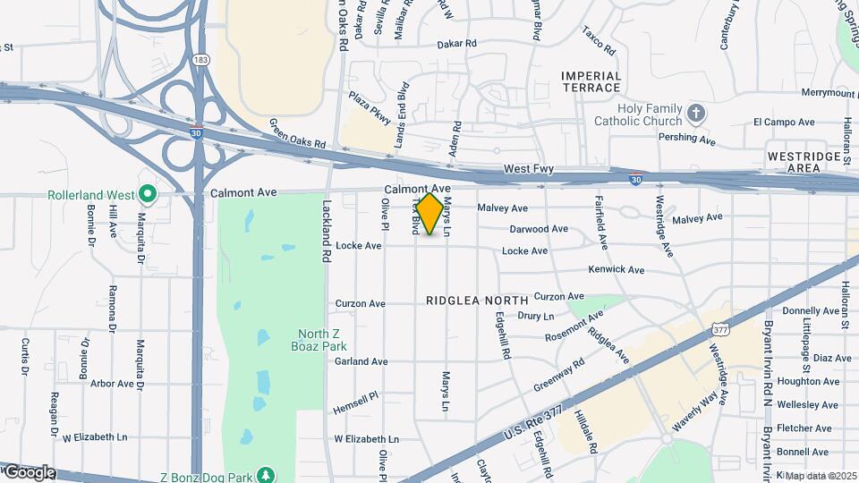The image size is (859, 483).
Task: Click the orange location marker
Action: [x=430, y=214]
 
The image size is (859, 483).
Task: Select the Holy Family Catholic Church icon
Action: [x=697, y=114]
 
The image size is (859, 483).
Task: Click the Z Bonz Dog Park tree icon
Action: [x=265, y=473]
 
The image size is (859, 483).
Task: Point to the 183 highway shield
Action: [x=201, y=59]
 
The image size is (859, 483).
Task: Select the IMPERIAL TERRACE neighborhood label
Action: [x=591, y=81]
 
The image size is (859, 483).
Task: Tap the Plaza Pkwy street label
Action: [x=370, y=106]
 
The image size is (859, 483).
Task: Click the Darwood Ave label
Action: [x=539, y=229]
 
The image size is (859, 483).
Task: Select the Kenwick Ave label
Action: [x=616, y=269]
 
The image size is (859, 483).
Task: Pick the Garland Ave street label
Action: [x=361, y=361]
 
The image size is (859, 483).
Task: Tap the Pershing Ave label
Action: [x=687, y=140]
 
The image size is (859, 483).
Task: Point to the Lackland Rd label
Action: [x=327, y=231]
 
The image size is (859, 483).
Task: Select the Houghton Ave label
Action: [x=808, y=381]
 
